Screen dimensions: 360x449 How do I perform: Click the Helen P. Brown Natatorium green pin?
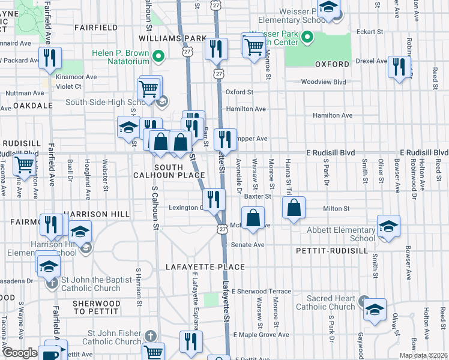point(158,58)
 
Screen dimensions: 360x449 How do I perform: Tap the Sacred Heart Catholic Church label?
point(331,302)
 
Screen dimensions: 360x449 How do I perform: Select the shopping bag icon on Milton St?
point(294,209)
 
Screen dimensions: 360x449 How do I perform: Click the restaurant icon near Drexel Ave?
point(398,67)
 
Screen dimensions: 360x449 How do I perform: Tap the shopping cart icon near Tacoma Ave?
point(24,163)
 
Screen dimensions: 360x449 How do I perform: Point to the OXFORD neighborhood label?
point(332,64)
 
